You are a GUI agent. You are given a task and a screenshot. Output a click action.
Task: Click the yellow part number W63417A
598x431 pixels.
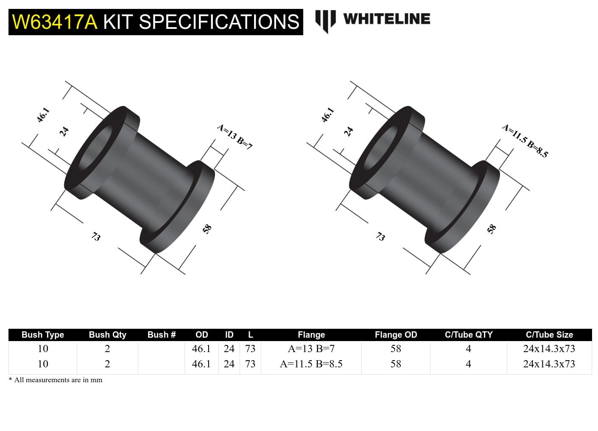pos(55,22)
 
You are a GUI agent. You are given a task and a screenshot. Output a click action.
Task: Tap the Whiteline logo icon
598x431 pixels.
pos(325,20)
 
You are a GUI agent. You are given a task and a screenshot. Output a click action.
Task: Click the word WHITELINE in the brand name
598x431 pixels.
pos(386,19)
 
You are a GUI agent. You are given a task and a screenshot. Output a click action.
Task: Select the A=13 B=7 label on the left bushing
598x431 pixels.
pos(235,137)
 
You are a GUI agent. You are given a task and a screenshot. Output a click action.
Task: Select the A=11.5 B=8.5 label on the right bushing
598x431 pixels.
pos(525,141)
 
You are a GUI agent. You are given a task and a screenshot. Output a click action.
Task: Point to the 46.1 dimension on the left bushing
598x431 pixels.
pos(43,115)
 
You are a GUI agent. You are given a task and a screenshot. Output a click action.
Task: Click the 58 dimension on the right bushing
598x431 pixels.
pos(492,229)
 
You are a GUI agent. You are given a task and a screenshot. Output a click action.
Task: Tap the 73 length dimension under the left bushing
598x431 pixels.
pos(96,237)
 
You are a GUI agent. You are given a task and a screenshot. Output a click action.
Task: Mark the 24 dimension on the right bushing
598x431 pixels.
pos(349,132)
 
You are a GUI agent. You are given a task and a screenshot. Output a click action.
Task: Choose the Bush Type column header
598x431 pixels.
pos(43,335)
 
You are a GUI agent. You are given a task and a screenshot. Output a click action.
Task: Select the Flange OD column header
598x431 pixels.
pos(396,335)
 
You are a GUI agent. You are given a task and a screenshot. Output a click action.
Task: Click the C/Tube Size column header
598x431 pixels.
pos(549,335)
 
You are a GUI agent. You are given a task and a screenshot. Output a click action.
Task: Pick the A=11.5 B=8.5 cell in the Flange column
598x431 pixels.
pos(311,364)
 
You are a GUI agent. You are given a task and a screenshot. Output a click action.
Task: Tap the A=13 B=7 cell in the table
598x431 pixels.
pos(311,349)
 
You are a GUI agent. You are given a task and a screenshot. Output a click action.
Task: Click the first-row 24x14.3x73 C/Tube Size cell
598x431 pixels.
pos(549,349)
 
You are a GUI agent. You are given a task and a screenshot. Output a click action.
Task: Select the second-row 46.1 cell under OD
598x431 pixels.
pos(201,364)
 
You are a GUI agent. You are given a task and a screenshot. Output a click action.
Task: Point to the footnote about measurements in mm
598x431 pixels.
pos(56,380)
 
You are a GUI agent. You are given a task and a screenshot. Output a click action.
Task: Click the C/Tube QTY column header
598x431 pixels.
pos(468,335)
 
